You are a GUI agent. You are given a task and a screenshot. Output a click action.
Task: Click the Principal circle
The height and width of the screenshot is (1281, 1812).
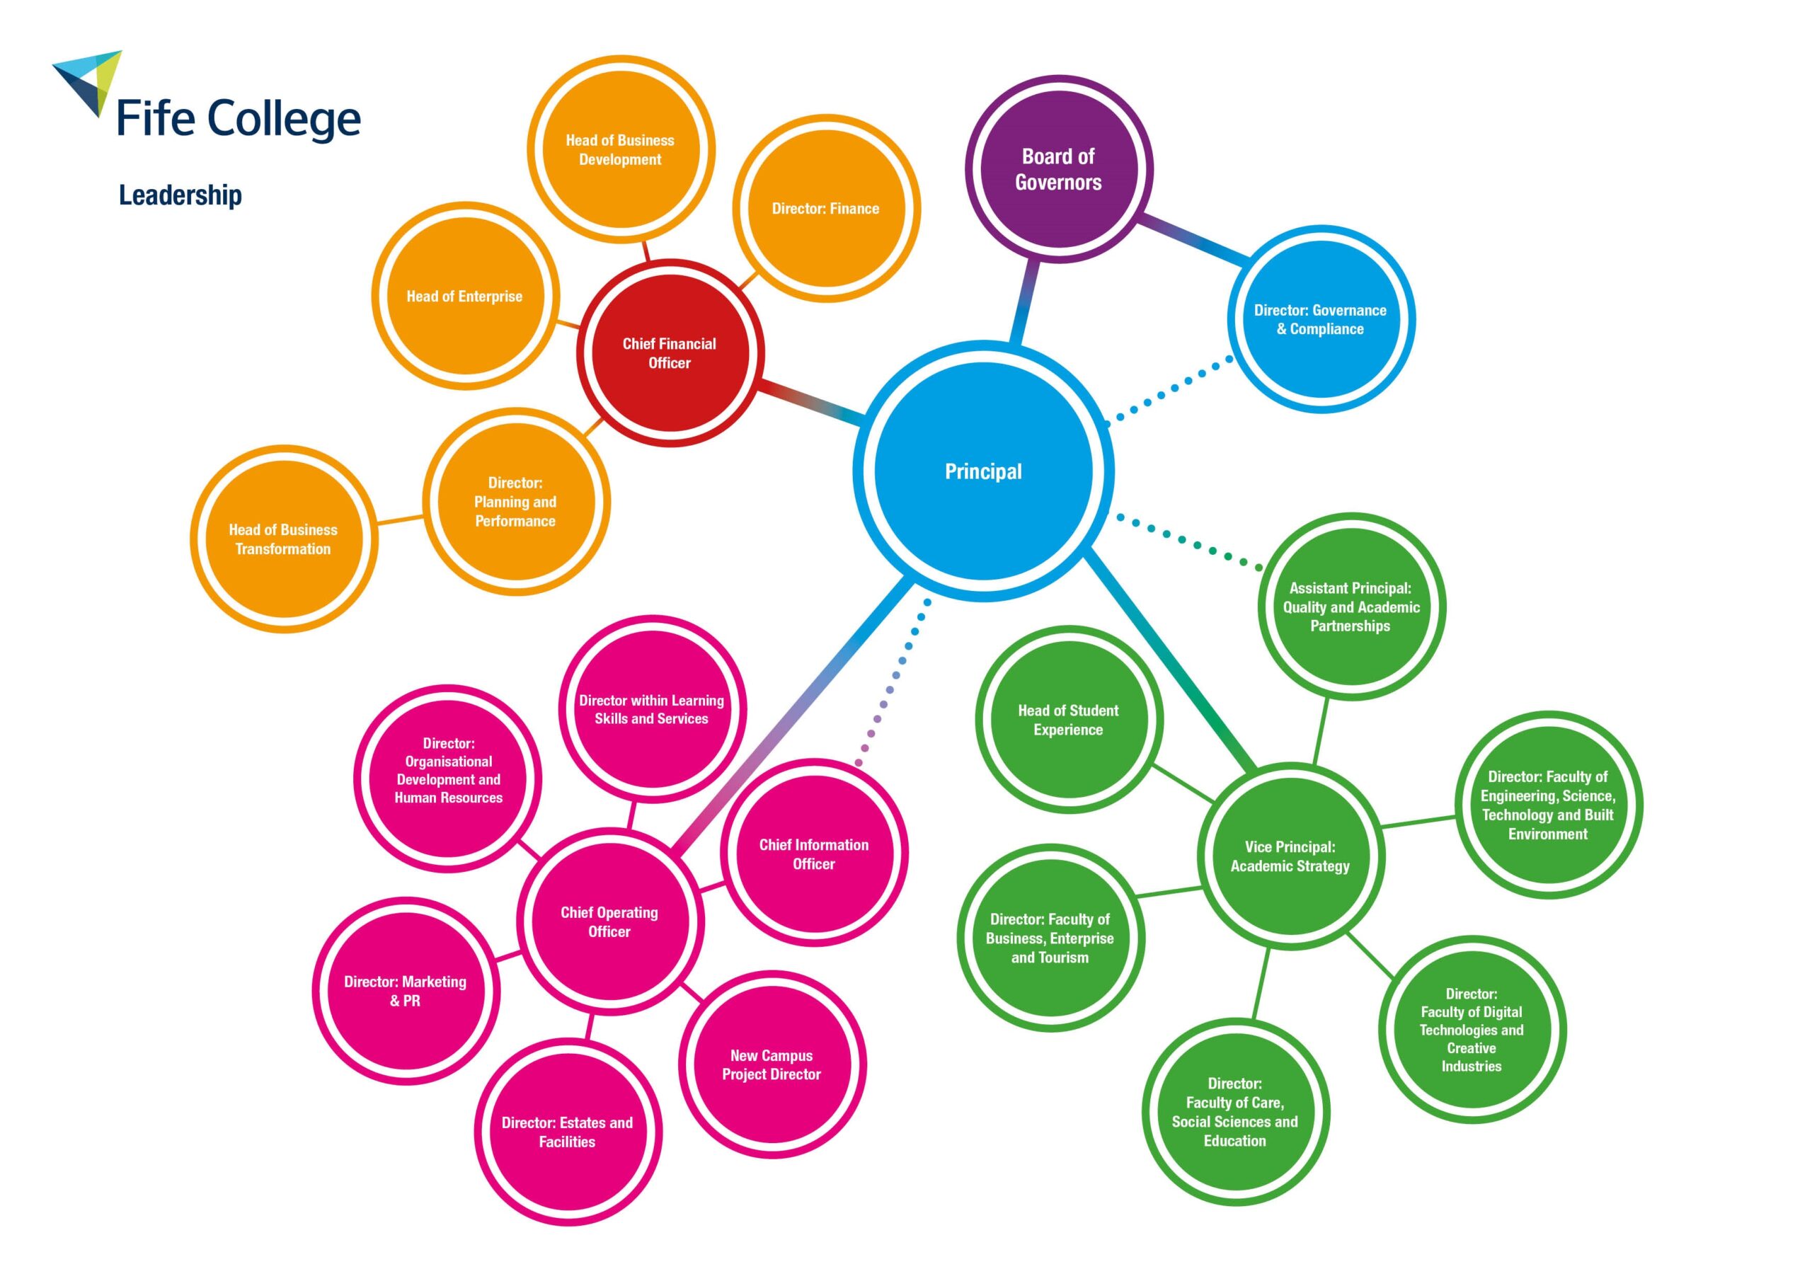click(x=983, y=471)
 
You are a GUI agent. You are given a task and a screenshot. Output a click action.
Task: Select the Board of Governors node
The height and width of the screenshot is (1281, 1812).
click(x=1058, y=168)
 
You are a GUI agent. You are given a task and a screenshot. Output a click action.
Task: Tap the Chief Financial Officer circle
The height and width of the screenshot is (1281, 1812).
click(x=670, y=353)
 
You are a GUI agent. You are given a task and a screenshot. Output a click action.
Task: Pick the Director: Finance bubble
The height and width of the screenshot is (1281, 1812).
click(x=825, y=208)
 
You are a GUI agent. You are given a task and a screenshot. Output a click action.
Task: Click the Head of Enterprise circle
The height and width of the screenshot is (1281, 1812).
click(x=465, y=296)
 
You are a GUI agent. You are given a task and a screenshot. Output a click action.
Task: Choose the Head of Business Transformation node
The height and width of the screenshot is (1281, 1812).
click(x=283, y=539)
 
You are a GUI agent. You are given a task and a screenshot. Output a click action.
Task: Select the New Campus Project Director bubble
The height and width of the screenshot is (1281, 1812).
click(x=772, y=1064)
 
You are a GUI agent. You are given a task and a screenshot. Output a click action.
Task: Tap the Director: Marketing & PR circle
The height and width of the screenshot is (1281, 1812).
click(x=406, y=991)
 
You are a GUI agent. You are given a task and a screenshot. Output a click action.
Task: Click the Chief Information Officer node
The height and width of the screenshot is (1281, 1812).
click(x=814, y=854)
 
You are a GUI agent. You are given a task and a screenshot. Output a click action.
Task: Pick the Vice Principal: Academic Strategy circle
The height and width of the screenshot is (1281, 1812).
click(x=1290, y=856)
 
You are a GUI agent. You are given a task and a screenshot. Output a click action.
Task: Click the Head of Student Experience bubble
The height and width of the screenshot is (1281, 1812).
click(x=1069, y=720)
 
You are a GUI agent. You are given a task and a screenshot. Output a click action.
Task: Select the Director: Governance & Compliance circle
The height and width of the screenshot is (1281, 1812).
click(x=1320, y=319)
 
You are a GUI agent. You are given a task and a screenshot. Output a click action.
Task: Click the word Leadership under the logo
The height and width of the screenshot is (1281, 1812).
click(x=180, y=195)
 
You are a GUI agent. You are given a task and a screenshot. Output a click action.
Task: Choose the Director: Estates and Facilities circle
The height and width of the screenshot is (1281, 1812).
click(x=568, y=1132)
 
